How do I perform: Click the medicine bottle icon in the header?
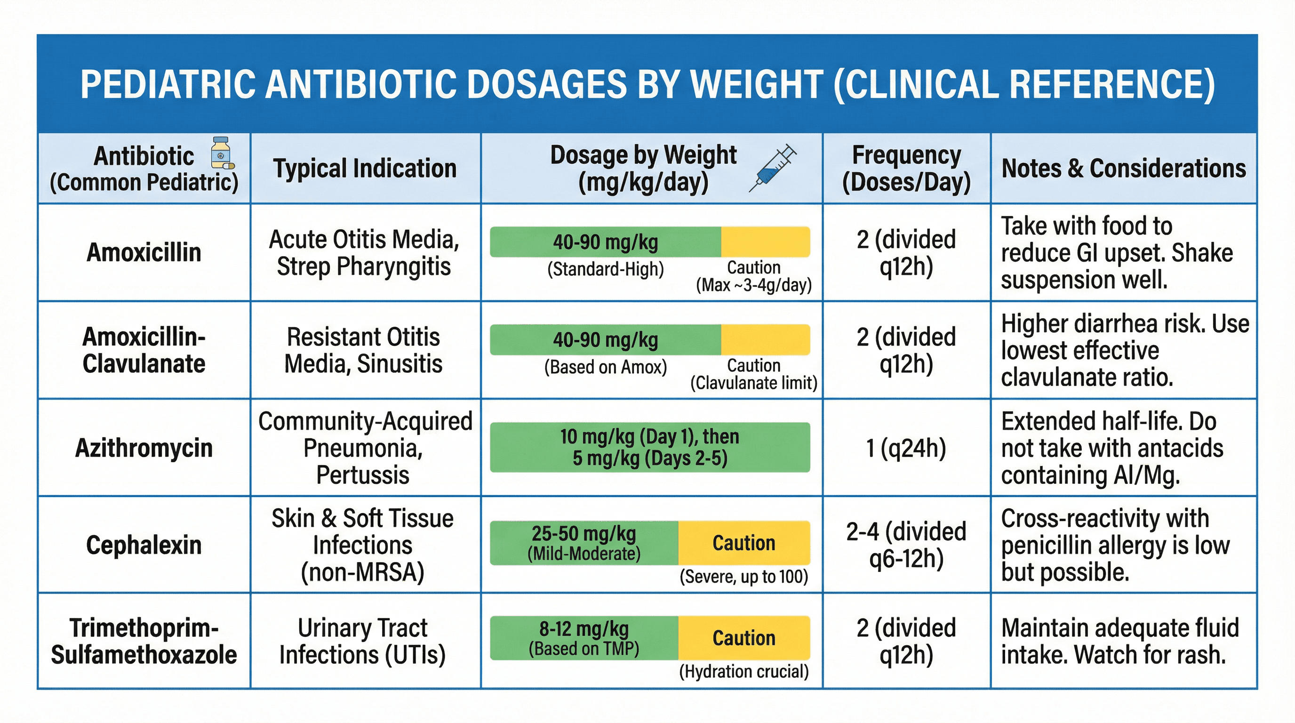[221, 153]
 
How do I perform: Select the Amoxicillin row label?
[144, 252]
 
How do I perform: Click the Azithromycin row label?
[144, 448]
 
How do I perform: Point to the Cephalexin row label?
[144, 545]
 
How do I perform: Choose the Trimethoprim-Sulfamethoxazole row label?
[144, 641]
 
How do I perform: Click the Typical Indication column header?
[365, 168]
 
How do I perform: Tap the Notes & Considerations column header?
[1124, 168]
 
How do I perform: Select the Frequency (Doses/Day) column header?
[906, 168]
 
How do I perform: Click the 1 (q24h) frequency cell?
[906, 448]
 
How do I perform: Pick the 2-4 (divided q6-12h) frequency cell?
[906, 545]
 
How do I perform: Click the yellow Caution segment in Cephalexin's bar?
[743, 543]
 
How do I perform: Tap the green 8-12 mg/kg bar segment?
[584, 637]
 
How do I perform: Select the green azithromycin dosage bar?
[649, 447]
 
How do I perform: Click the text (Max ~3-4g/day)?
[753, 285]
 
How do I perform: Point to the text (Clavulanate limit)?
[753, 383]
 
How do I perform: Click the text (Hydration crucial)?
[743, 671]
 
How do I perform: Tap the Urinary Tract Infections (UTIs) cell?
[362, 641]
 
